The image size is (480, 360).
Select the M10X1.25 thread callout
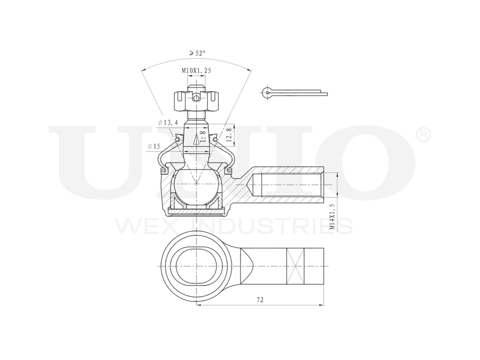196,71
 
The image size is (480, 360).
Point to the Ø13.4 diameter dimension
168,123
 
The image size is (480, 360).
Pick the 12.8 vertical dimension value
229,134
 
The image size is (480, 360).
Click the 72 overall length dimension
260,300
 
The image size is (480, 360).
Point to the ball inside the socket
196,184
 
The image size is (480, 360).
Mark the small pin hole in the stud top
196,98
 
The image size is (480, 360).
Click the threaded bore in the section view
288,184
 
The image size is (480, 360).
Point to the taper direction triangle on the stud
196,140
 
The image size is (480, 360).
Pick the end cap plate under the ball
196,210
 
